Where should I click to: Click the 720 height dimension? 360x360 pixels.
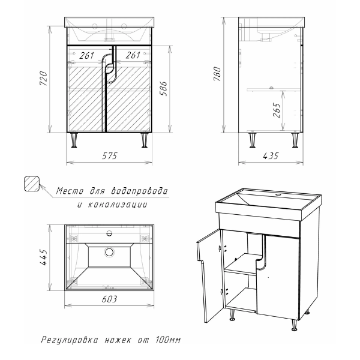[44, 78]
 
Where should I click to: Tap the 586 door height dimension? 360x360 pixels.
[164, 88]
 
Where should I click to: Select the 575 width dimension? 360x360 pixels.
[110, 156]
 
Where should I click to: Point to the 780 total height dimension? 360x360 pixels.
[217, 74]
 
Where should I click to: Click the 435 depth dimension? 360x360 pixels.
[271, 156]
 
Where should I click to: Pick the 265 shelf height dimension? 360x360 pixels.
[277, 110]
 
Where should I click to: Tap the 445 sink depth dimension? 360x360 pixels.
[44, 257]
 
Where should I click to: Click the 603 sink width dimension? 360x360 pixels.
[110, 299]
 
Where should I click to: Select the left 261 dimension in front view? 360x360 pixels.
[86, 55]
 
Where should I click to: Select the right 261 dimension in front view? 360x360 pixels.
[133, 55]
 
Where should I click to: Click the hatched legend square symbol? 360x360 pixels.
[32, 184]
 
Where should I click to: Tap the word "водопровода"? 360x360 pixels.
[139, 191]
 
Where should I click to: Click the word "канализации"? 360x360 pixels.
[118, 205]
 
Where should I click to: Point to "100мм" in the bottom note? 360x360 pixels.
[168, 340]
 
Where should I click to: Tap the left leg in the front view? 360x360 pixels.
[74, 140]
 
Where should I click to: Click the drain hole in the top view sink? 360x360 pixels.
[109, 252]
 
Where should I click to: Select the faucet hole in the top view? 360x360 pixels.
[109, 234]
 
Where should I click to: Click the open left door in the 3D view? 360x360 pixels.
[211, 275]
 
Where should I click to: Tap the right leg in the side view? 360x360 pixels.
[295, 140]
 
